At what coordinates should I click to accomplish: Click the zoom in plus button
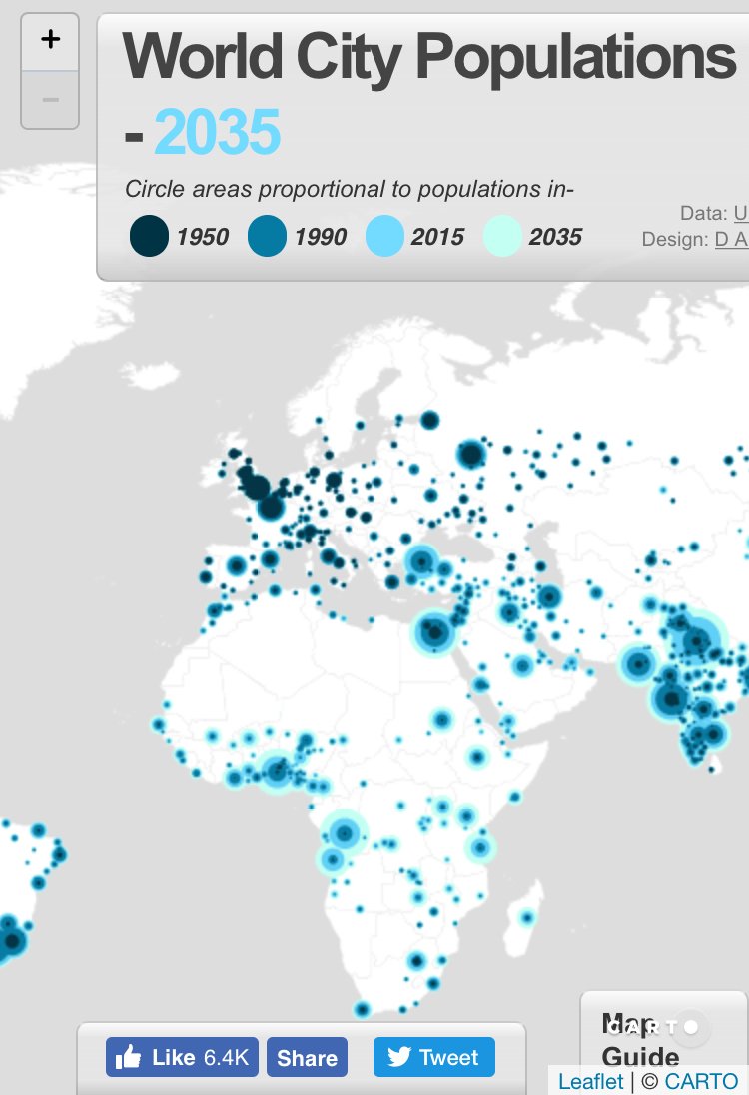50,41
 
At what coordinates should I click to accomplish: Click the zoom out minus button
50,100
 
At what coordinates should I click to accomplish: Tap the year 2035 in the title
217,133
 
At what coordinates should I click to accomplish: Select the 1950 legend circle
149,237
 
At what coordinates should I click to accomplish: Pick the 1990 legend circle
267,237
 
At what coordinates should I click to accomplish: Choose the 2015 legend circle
384,237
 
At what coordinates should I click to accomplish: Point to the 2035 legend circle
502,237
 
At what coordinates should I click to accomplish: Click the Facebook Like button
183,1057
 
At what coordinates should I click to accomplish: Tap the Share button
307,1058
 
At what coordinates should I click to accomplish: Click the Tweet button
434,1057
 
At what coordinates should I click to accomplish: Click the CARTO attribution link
701,1081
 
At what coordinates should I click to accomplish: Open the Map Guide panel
640,1040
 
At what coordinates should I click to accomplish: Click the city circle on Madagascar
527,916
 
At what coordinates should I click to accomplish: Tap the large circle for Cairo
435,631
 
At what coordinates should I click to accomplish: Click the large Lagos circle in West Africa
277,770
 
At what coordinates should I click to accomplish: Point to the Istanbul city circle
420,561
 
